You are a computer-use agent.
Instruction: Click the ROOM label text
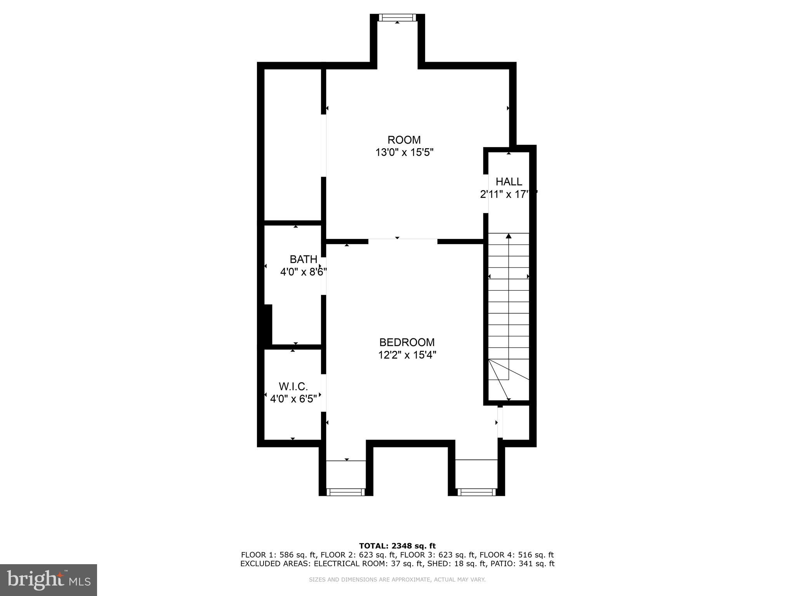click(x=404, y=140)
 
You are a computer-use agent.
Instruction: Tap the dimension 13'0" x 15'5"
click(x=404, y=152)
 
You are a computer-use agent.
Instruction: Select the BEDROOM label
click(x=407, y=342)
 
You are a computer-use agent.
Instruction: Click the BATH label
click(x=303, y=259)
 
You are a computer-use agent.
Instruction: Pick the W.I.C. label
click(x=293, y=386)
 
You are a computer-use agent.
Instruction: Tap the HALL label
click(x=509, y=182)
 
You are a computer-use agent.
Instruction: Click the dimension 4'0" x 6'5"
click(x=293, y=399)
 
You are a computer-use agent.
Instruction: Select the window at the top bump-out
click(x=397, y=17)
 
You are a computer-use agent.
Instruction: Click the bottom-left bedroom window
click(x=345, y=492)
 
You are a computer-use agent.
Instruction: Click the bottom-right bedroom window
click(x=476, y=492)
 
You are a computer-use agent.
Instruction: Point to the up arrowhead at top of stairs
click(x=509, y=236)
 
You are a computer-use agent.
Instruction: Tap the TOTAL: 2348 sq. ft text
click(x=397, y=546)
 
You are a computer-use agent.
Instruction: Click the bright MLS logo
click(x=48, y=580)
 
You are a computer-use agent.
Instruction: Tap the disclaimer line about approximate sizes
click(x=397, y=580)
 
